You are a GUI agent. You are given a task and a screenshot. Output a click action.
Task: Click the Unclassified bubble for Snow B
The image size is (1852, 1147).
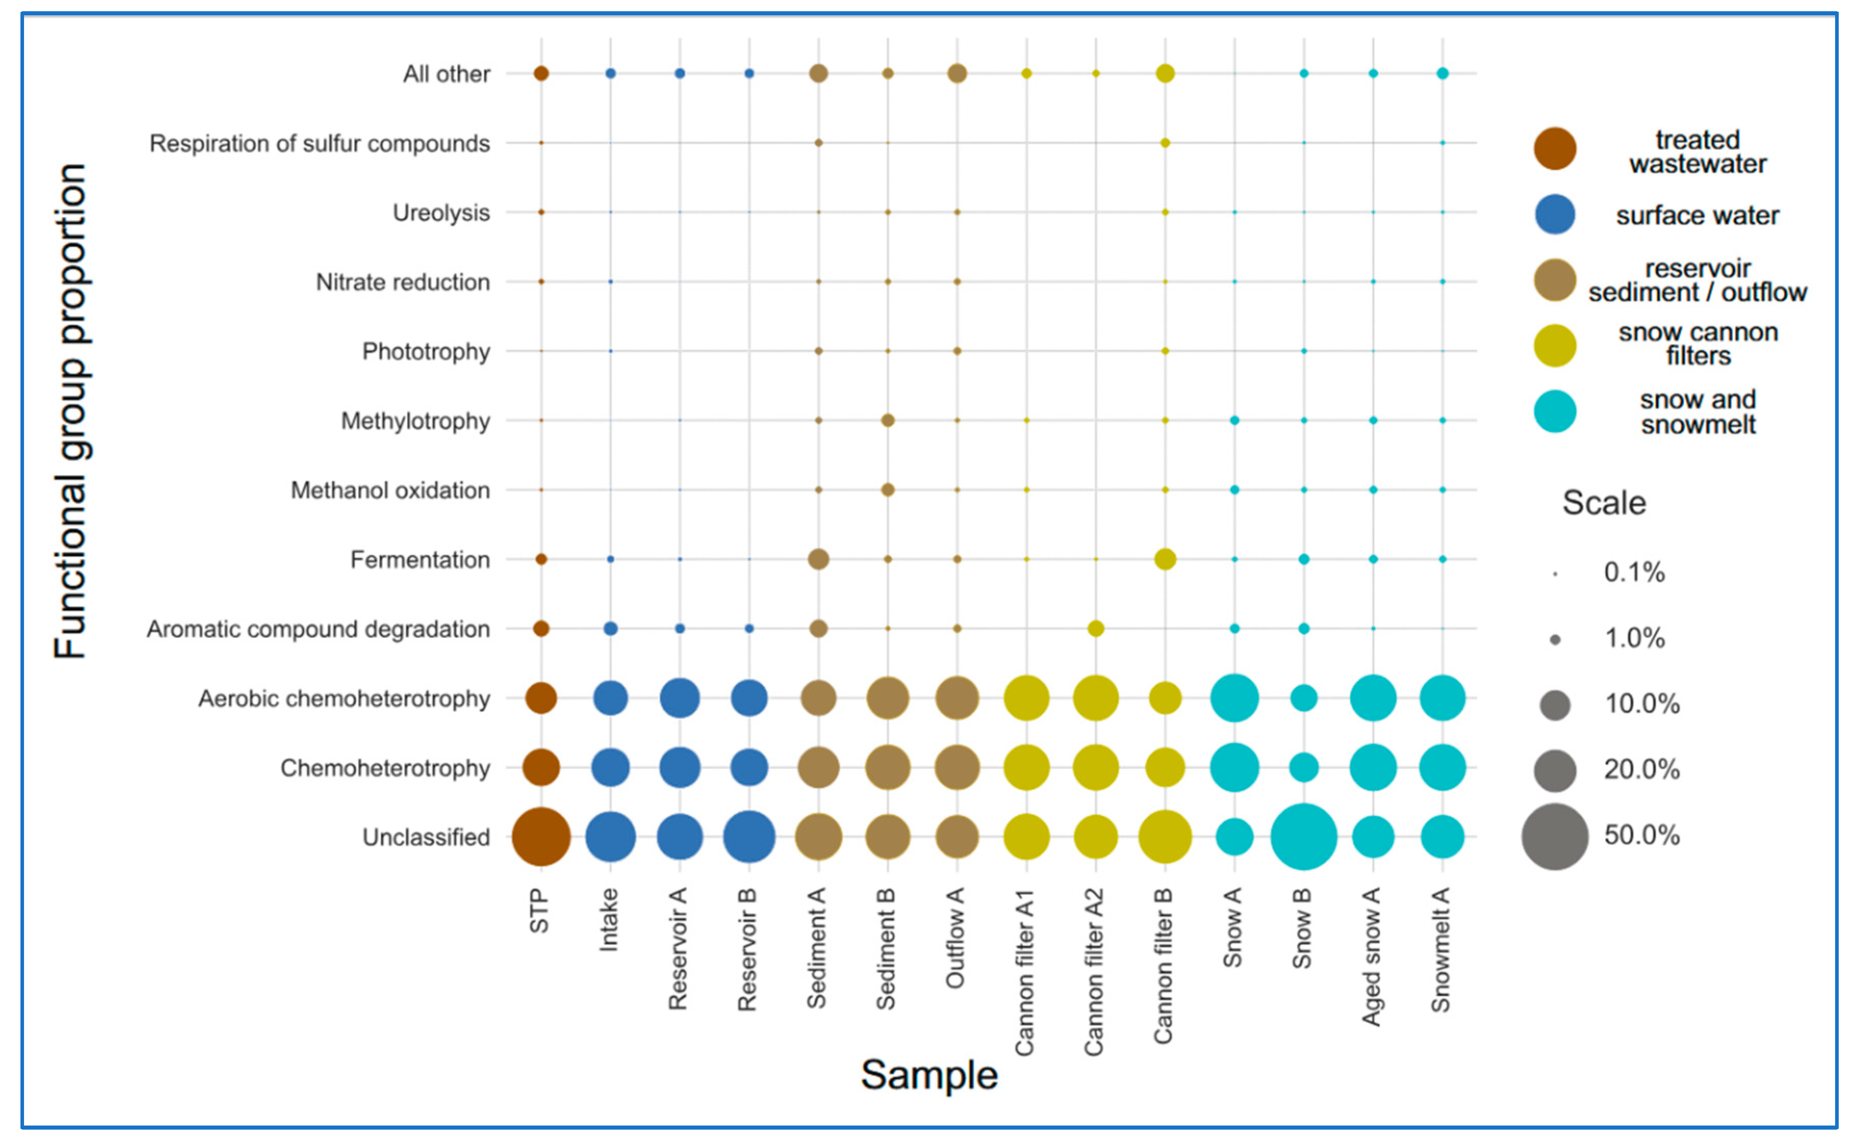(1303, 837)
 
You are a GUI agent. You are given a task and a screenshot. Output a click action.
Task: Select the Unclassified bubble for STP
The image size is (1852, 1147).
(540, 837)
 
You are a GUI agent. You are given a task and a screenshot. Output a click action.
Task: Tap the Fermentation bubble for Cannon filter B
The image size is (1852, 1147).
(1165, 559)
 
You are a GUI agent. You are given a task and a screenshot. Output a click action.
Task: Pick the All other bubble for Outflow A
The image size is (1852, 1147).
(957, 74)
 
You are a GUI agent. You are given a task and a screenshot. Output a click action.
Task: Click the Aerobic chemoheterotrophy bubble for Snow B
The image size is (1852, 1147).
(1303, 698)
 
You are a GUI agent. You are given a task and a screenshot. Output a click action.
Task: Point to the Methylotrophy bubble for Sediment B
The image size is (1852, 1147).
(887, 420)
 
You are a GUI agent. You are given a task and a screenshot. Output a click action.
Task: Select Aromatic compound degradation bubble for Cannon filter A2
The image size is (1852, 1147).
(1095, 628)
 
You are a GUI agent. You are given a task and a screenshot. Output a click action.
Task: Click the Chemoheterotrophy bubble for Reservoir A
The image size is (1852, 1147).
(679, 768)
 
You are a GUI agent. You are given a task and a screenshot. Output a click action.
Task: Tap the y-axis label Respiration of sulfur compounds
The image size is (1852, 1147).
(320, 143)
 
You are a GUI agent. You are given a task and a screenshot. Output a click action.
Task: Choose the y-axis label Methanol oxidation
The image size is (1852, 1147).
(390, 491)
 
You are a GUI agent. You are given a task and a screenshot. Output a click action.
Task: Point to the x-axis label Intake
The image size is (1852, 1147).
(608, 920)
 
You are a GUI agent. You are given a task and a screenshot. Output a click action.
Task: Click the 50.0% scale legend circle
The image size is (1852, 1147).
(1554, 837)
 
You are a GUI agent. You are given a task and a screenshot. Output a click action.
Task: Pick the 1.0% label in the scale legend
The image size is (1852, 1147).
(1634, 638)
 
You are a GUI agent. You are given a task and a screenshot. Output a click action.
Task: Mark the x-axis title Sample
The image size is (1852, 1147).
(928, 1075)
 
